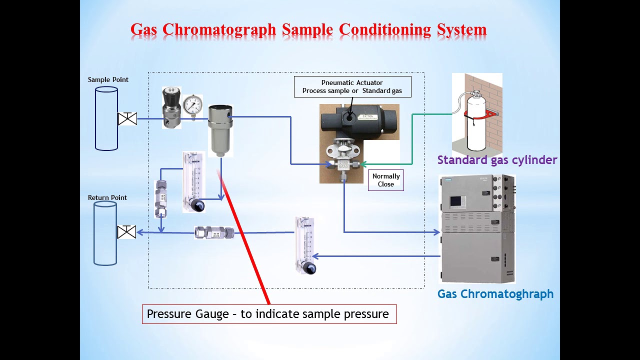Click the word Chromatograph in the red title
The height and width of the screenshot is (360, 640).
219,29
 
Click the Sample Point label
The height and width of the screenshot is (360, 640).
108,79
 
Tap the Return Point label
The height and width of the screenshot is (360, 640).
107,197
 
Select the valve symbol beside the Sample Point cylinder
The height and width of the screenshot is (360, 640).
127,119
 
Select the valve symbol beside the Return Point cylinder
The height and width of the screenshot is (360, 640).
126,232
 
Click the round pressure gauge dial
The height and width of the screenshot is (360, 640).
192,105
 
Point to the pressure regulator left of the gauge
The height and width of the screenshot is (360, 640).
171,107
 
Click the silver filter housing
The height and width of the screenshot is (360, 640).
220,130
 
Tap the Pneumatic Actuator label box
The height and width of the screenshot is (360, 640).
352,86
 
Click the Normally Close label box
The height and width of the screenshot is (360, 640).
385,180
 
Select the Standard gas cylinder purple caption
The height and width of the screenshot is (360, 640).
497,160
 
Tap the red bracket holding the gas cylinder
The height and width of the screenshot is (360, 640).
482,114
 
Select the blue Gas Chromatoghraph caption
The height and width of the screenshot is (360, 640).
495,294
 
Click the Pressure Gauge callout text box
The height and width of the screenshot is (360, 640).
269,314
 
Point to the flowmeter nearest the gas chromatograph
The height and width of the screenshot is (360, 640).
305,245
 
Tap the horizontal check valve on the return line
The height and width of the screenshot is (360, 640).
214,232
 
